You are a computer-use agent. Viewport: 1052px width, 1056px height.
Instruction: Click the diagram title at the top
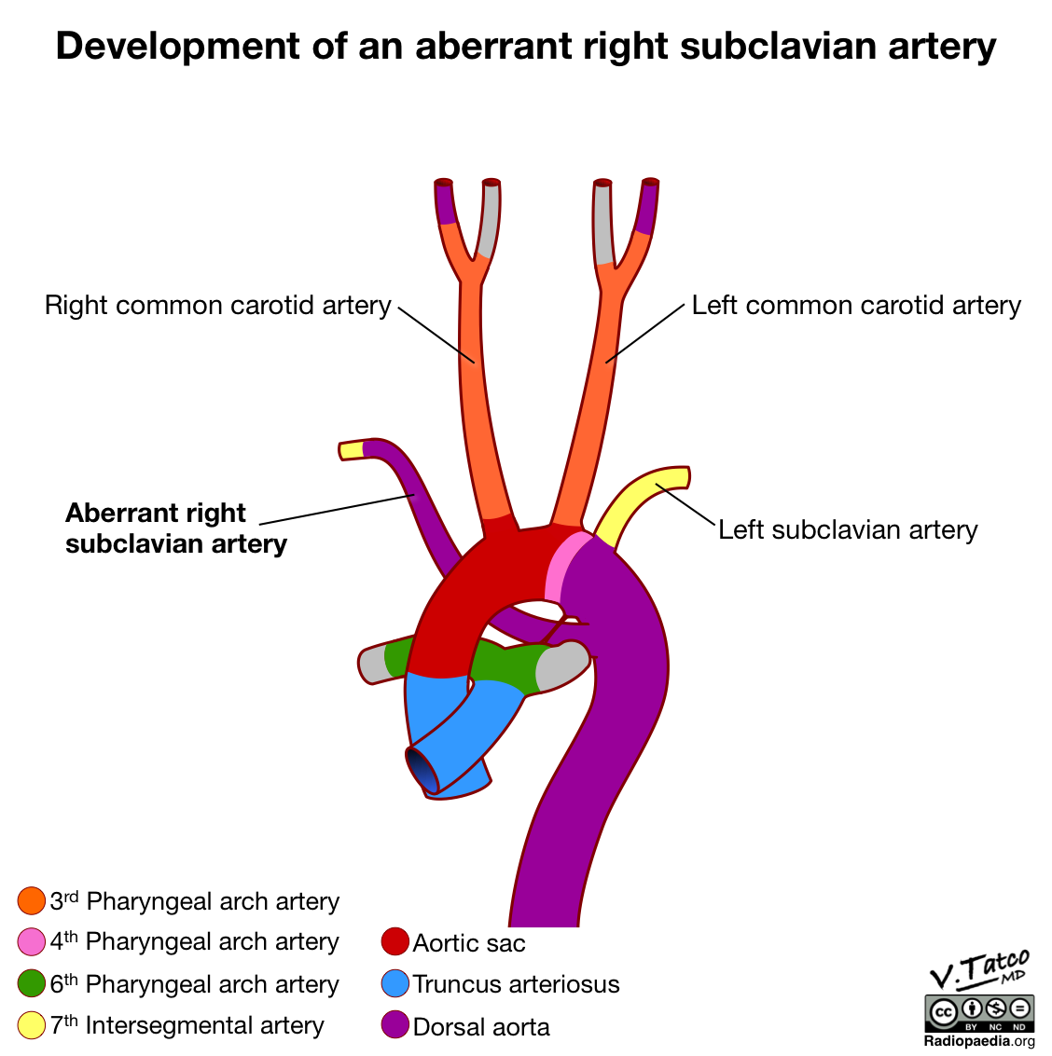pos(526,46)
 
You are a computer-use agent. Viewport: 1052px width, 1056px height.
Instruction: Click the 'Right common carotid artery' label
pos(218,306)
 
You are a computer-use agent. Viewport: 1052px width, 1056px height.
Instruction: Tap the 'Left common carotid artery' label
pos(856,306)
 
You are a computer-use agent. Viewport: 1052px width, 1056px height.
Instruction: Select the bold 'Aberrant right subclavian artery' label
pos(175,528)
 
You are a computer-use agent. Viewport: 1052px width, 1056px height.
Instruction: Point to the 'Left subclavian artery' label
pos(848,530)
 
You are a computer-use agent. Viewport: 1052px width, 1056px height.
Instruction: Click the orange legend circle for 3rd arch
pos(32,901)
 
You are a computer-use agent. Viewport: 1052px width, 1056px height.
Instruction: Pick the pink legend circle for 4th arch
pos(32,941)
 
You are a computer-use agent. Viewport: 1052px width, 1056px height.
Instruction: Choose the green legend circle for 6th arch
pos(32,984)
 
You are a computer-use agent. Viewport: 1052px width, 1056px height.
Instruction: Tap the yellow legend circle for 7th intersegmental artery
pos(32,1025)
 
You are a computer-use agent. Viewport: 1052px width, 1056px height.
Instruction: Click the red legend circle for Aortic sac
pos(395,942)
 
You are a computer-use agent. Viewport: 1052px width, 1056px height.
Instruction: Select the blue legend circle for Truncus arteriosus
pos(395,984)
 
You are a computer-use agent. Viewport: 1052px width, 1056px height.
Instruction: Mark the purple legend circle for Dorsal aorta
pos(395,1025)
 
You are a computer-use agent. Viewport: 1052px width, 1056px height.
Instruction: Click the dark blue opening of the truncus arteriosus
pos(422,770)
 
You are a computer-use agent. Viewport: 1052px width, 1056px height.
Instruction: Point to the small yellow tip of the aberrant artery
pos(351,450)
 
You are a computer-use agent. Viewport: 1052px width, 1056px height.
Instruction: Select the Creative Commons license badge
pos(979,1012)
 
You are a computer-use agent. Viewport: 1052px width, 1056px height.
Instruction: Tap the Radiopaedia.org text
pos(979,1041)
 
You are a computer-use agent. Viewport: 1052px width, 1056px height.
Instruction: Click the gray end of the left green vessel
pos(373,665)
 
